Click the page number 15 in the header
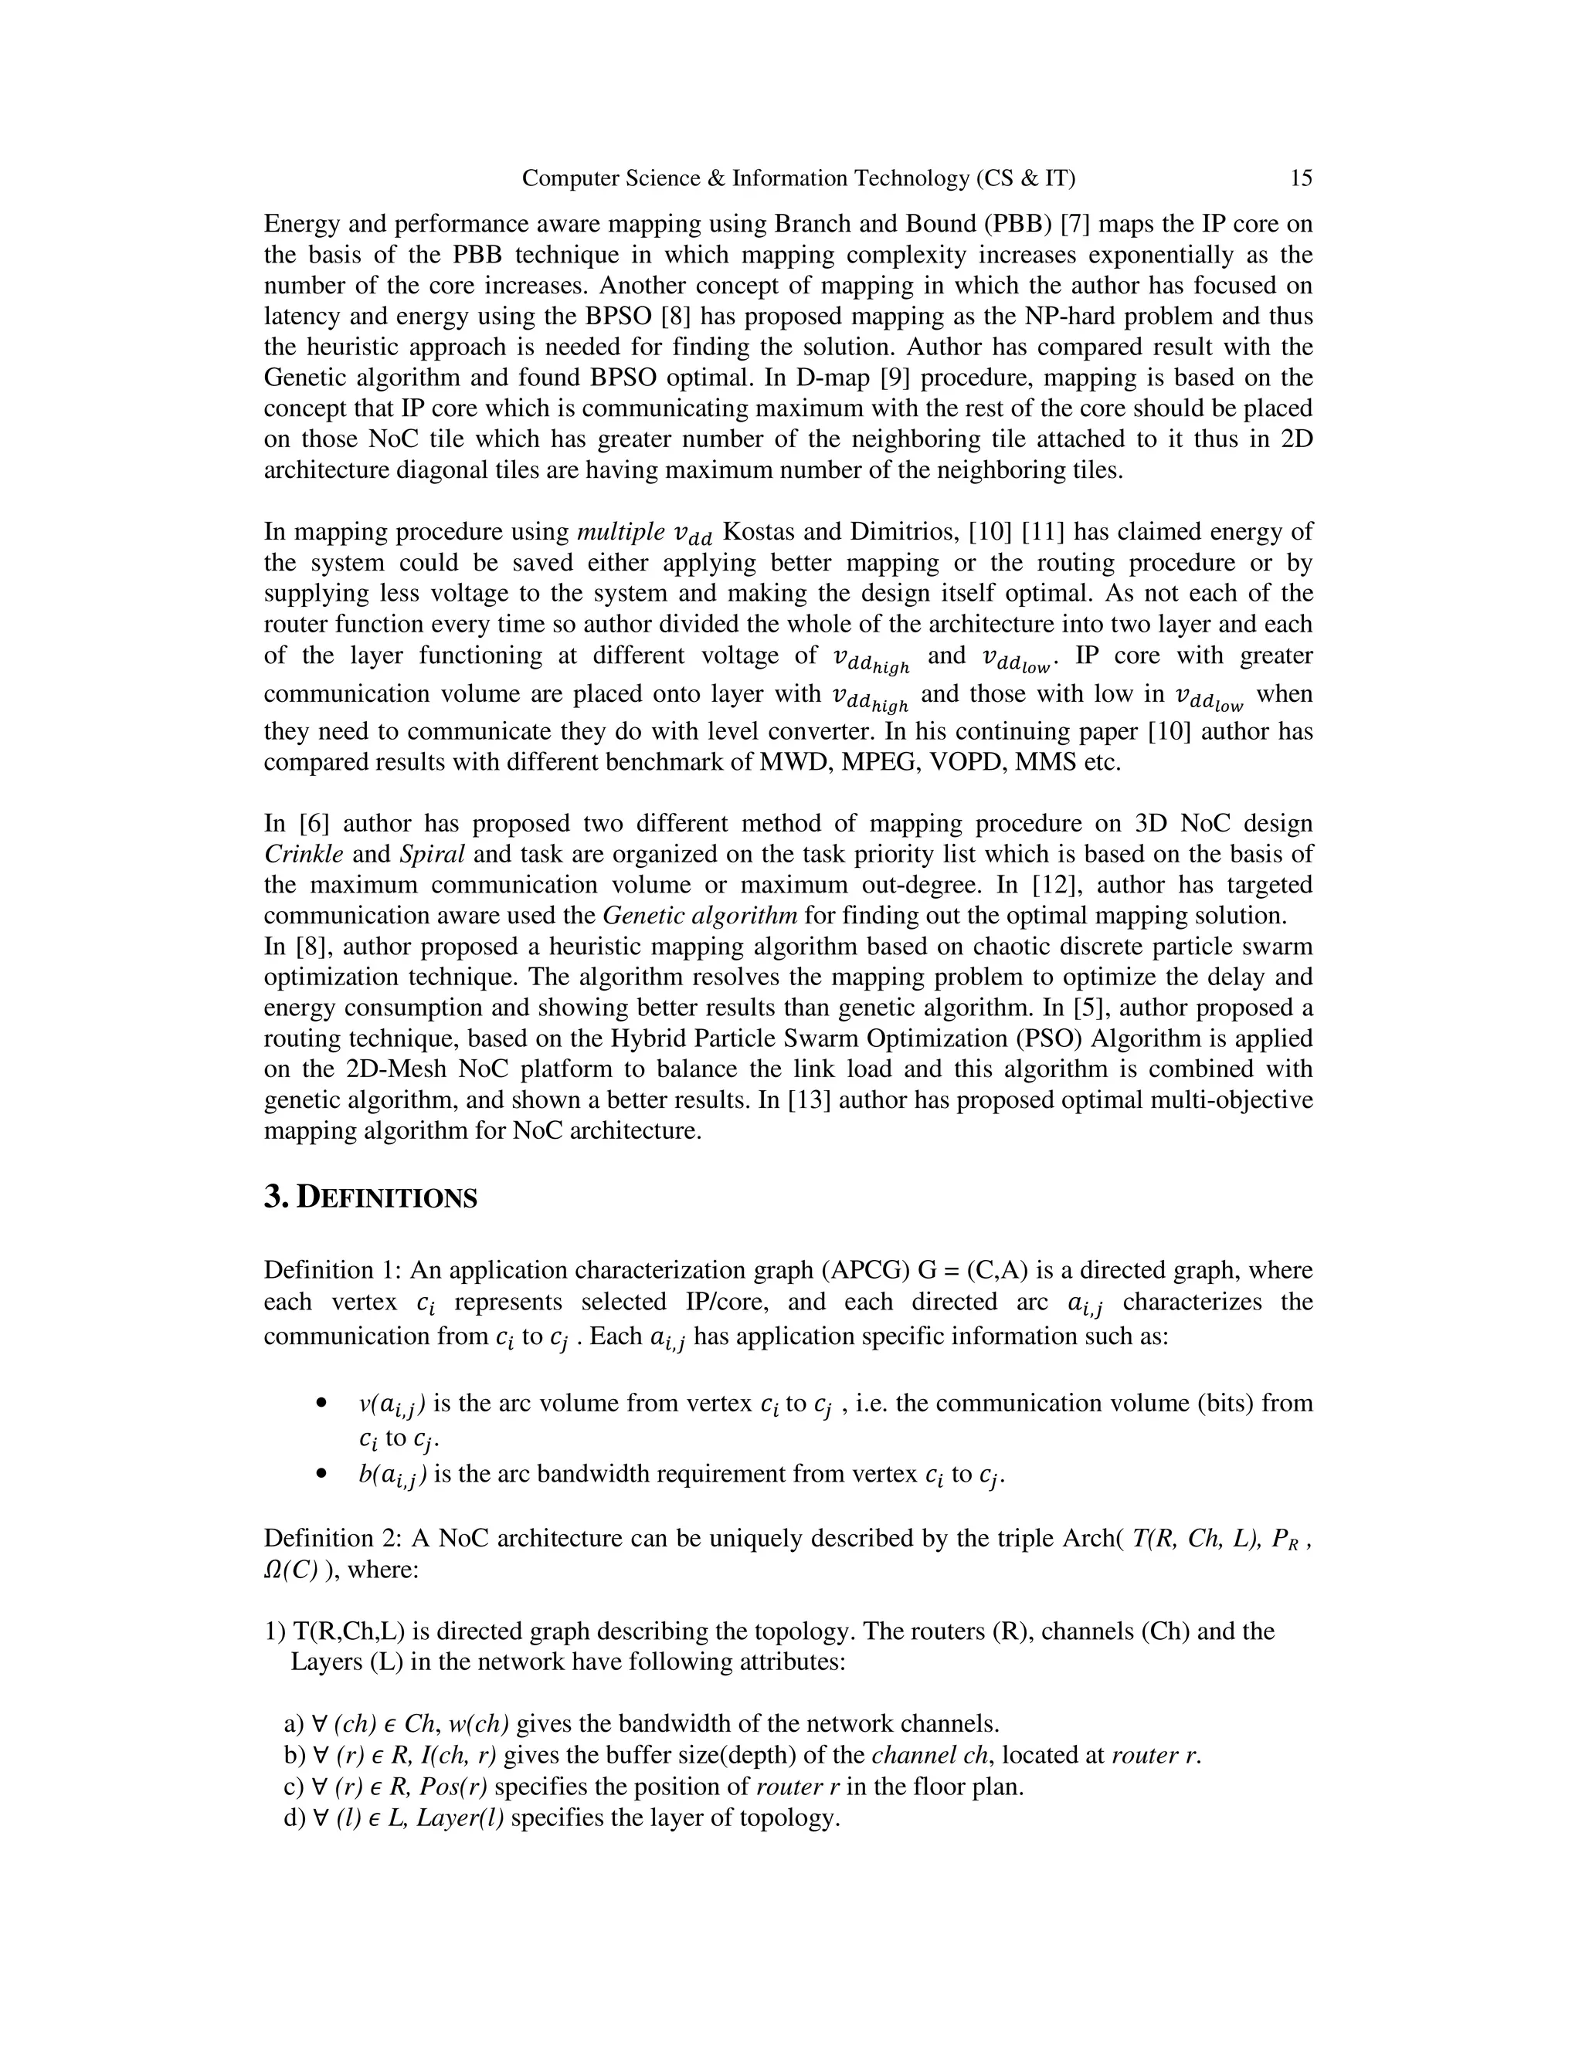click(1301, 178)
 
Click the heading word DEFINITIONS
click(386, 1198)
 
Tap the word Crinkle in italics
click(304, 855)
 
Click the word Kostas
click(759, 532)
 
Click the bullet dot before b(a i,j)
click(321, 1475)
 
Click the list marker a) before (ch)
click(294, 1724)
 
